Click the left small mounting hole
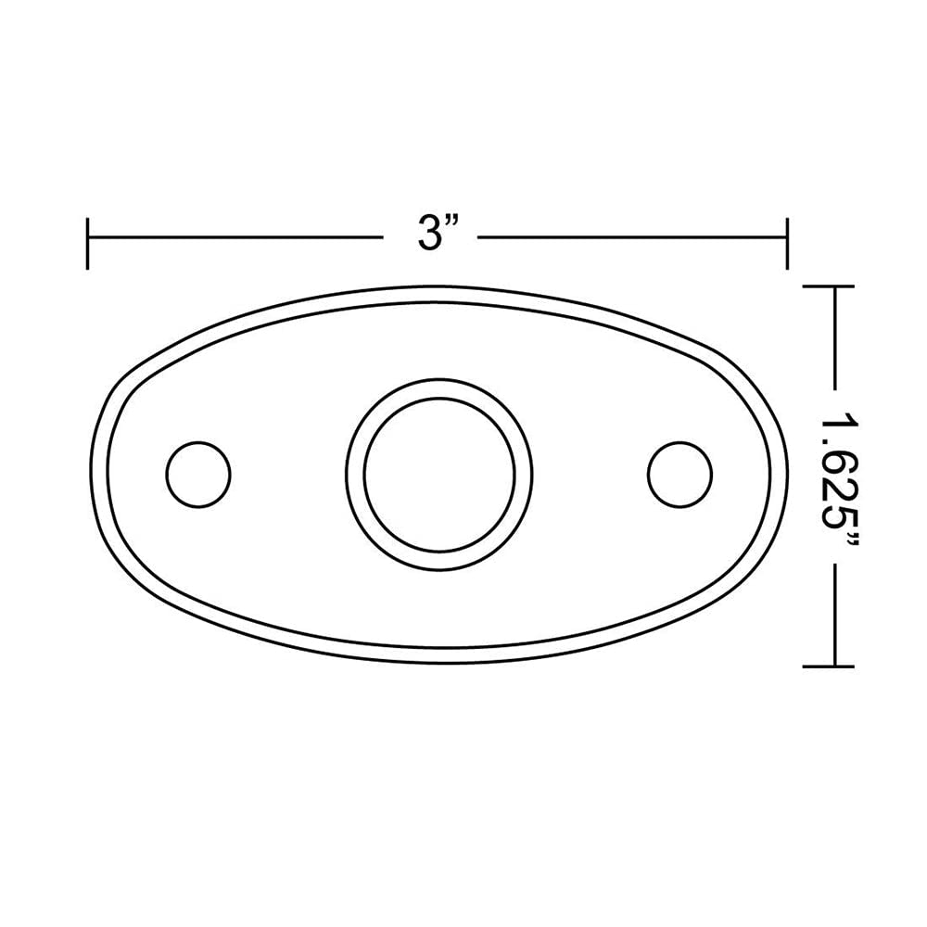tap(197, 474)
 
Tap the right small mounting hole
tap(680, 474)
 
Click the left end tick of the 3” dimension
tap(87, 244)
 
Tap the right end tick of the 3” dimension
tap(787, 244)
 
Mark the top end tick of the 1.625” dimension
tap(828, 287)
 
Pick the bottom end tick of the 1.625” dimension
tap(828, 666)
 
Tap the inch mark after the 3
tap(455, 224)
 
